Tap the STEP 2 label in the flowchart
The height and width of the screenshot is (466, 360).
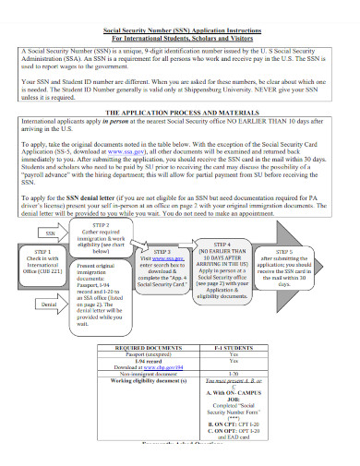point(102,224)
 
